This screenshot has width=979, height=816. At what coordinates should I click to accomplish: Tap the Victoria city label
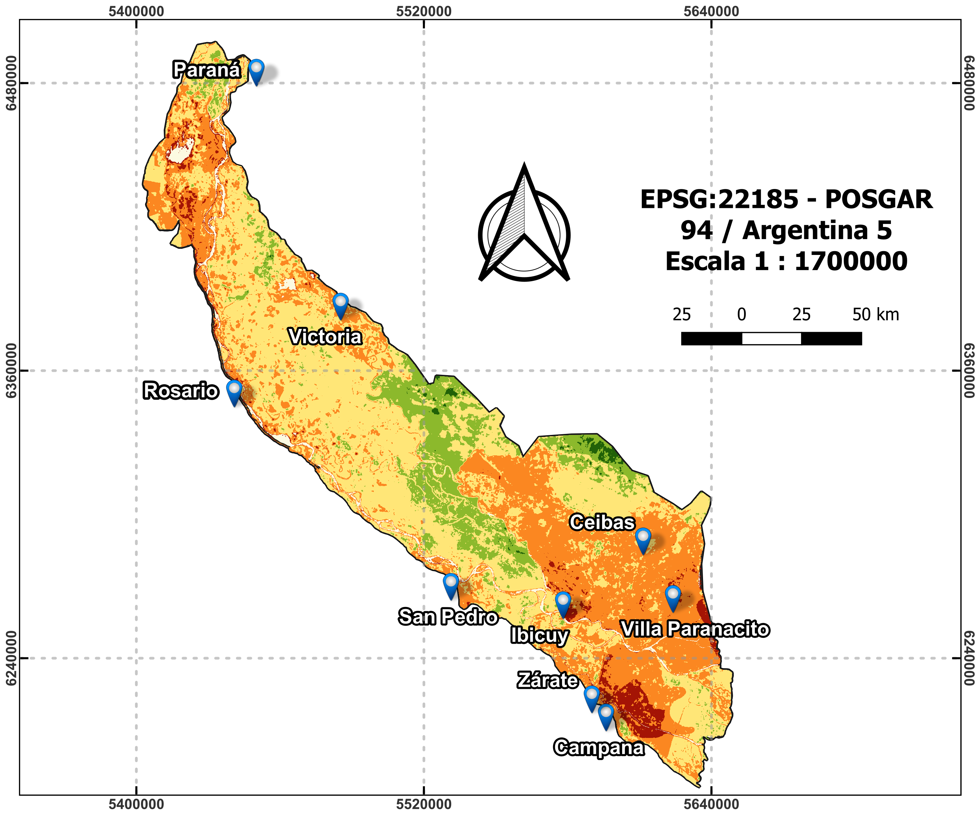point(325,336)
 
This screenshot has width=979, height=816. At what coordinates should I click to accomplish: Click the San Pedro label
point(448,617)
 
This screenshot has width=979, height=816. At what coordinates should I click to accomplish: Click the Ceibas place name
point(602,522)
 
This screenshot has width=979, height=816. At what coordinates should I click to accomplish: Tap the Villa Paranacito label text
point(695,629)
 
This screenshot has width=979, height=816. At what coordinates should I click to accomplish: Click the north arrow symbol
point(524,228)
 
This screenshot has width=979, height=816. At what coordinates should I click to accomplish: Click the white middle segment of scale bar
point(771,339)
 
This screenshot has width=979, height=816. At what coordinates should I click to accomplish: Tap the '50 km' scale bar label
point(875,315)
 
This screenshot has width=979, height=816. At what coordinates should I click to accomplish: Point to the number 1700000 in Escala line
point(851,261)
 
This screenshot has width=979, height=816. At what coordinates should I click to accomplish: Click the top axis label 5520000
point(424,11)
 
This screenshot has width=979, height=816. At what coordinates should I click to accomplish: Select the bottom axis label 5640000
point(711,804)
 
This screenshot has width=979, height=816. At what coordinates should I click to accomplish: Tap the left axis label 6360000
point(11,371)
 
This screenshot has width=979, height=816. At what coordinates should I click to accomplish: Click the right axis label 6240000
point(968,658)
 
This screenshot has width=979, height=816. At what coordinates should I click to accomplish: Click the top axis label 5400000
point(136,11)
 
